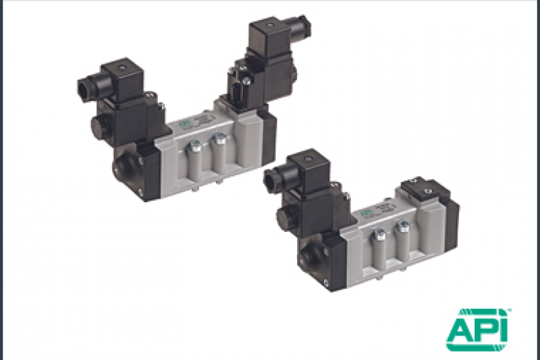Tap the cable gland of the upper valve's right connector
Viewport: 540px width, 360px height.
304,27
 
